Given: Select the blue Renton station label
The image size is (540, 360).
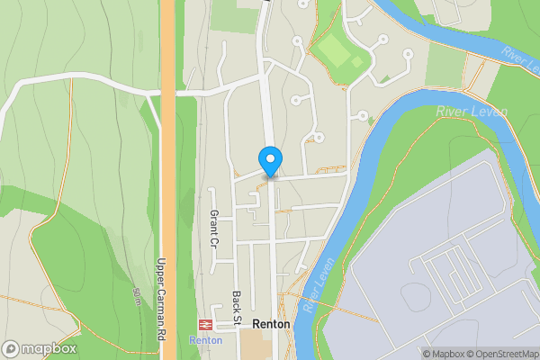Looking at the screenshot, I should click(x=205, y=339).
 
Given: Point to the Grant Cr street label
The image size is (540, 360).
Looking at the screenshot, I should click(x=214, y=229).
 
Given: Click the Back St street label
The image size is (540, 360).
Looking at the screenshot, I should click(x=237, y=307).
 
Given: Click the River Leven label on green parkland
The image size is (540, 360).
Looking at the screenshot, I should click(x=472, y=112).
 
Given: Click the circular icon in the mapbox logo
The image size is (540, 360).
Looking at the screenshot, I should click(x=12, y=349).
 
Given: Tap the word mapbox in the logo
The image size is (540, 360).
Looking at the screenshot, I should click(x=49, y=349).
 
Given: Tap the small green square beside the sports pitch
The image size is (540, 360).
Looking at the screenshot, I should click(x=357, y=62).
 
